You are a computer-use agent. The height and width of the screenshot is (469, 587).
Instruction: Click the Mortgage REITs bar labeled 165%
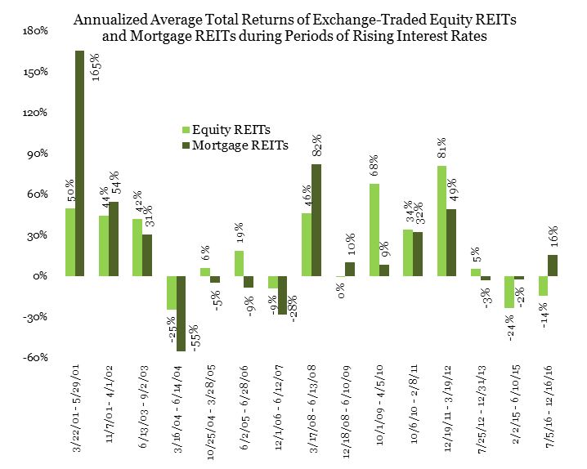80,163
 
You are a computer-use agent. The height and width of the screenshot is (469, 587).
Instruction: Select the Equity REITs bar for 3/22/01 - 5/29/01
70,242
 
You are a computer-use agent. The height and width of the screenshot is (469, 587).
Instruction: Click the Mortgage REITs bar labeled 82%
316,220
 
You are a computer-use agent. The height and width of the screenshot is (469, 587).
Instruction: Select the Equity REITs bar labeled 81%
441,221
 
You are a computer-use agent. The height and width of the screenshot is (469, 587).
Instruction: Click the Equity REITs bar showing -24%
509,292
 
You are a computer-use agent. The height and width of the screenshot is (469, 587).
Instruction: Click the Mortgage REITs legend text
238,145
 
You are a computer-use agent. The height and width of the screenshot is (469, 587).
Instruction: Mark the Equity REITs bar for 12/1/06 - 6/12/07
273,282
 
